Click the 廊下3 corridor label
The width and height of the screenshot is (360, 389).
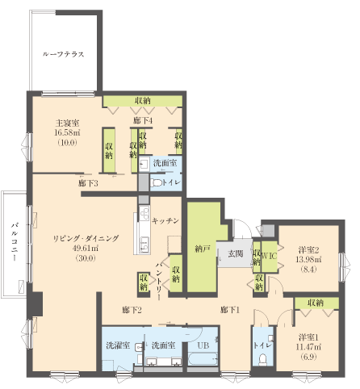coord(89,184)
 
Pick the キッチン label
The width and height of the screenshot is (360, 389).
coord(165,220)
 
